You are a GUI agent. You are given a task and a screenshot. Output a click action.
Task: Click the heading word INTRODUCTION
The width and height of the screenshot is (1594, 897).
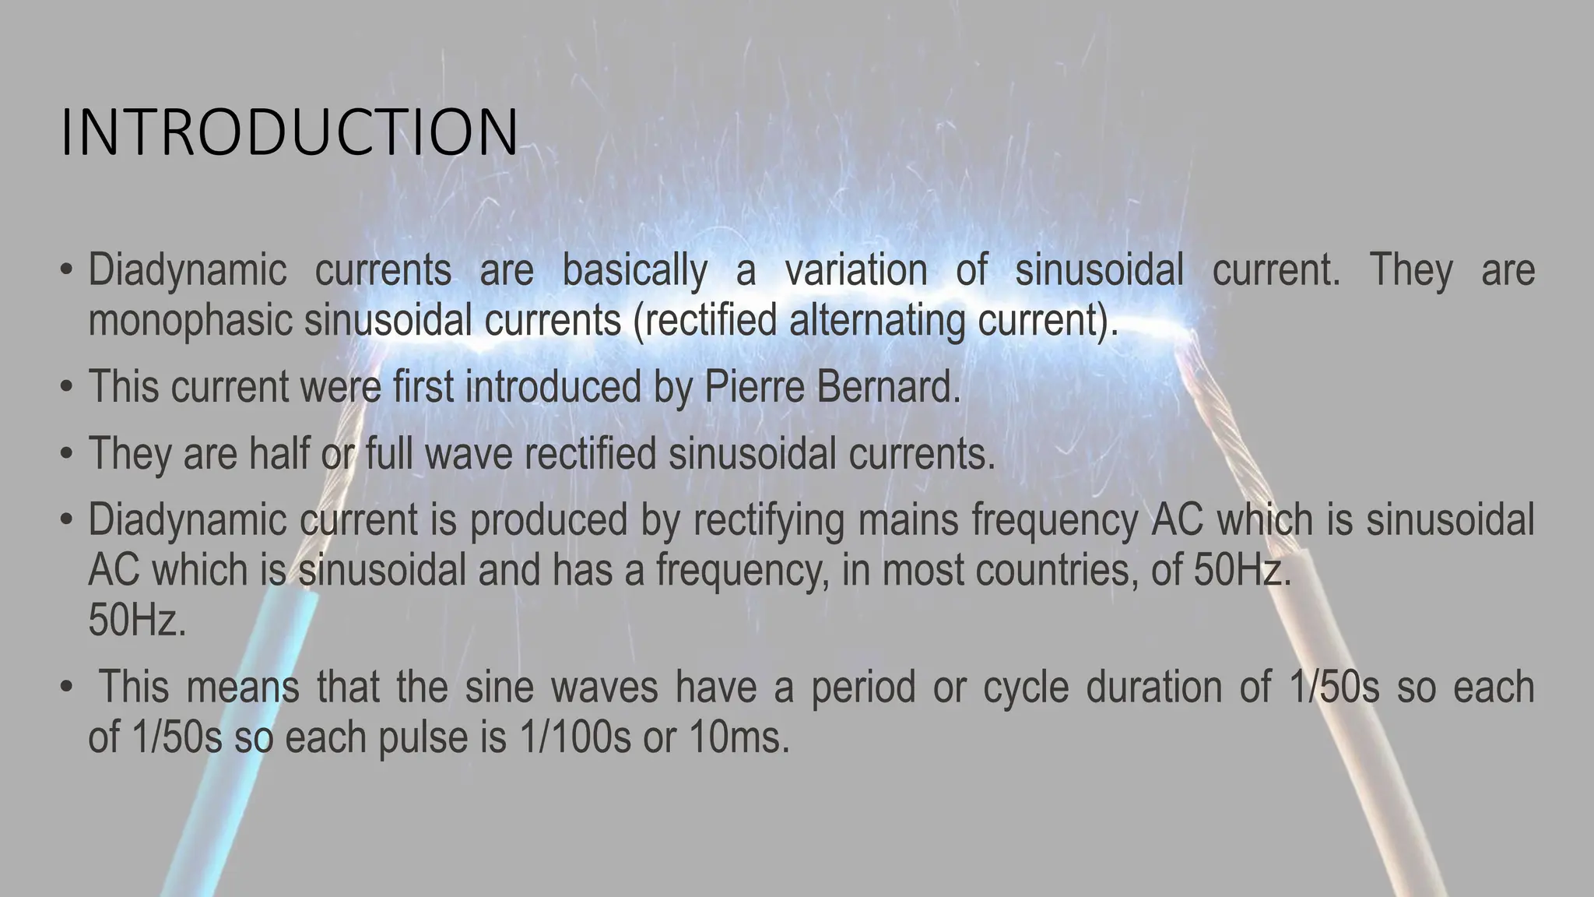[289, 133]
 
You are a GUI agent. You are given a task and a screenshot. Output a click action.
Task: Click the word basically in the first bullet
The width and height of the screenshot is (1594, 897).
[634, 270]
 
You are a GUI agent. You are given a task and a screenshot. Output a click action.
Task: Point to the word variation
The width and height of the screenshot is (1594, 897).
[855, 270]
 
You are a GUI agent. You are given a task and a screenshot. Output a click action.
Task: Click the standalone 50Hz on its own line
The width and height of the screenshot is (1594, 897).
[137, 621]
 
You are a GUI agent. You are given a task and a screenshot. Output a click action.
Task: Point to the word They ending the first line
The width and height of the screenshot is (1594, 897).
[1410, 270]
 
